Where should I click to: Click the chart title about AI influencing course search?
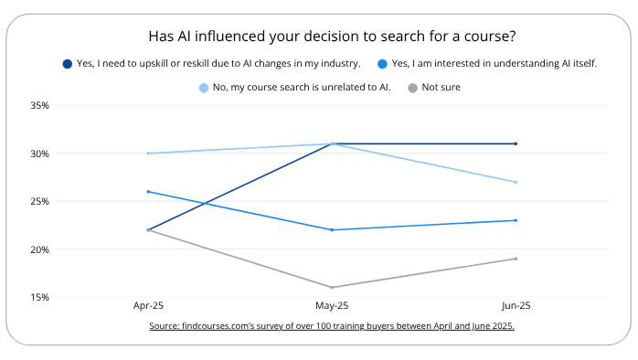click(331, 37)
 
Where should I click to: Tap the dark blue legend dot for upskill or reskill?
click(68, 64)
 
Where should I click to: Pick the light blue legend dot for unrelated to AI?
click(204, 88)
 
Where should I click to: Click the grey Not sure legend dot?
click(413, 88)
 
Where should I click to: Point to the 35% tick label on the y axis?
click(38, 105)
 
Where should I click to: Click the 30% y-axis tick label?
click(38, 154)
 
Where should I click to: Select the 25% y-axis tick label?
click(38, 201)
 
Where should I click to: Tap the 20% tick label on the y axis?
click(38, 249)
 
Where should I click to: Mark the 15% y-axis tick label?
click(38, 297)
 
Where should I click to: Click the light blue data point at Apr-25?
click(148, 154)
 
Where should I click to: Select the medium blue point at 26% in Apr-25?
click(148, 192)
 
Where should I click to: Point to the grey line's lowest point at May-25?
click(332, 287)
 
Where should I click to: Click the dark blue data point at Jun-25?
click(516, 143)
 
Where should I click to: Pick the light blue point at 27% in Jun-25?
click(516, 182)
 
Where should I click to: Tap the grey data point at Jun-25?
click(516, 259)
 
